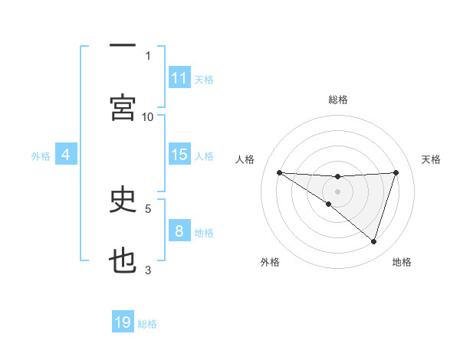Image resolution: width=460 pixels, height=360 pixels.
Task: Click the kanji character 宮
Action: (x=123, y=108)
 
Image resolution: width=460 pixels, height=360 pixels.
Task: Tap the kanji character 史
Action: (x=123, y=200)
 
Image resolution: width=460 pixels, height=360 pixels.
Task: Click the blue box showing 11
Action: (x=179, y=78)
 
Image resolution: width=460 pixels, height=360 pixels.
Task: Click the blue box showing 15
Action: (x=179, y=155)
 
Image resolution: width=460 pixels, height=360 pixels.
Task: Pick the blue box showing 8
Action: (x=179, y=231)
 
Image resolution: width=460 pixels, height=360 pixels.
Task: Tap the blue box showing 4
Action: (x=66, y=155)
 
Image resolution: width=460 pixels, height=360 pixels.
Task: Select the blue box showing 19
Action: (x=123, y=322)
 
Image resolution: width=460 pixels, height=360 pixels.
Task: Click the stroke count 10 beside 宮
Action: (x=148, y=116)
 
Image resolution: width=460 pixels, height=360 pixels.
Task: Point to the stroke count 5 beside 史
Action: (x=148, y=208)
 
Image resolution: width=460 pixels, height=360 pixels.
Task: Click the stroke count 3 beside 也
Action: (x=148, y=270)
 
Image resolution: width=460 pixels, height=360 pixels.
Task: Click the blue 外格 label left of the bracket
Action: (x=41, y=155)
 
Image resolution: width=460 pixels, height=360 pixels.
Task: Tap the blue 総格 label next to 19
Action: (x=147, y=323)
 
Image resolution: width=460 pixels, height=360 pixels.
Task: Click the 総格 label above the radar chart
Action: (x=337, y=100)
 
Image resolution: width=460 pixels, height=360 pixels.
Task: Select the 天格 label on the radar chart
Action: (x=431, y=159)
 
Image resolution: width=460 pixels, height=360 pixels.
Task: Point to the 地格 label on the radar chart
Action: (x=402, y=262)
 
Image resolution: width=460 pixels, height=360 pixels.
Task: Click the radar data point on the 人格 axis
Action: (x=280, y=172)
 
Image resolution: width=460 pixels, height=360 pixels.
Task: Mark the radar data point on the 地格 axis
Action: (x=373, y=241)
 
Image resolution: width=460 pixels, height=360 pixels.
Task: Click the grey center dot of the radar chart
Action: (x=337, y=191)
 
